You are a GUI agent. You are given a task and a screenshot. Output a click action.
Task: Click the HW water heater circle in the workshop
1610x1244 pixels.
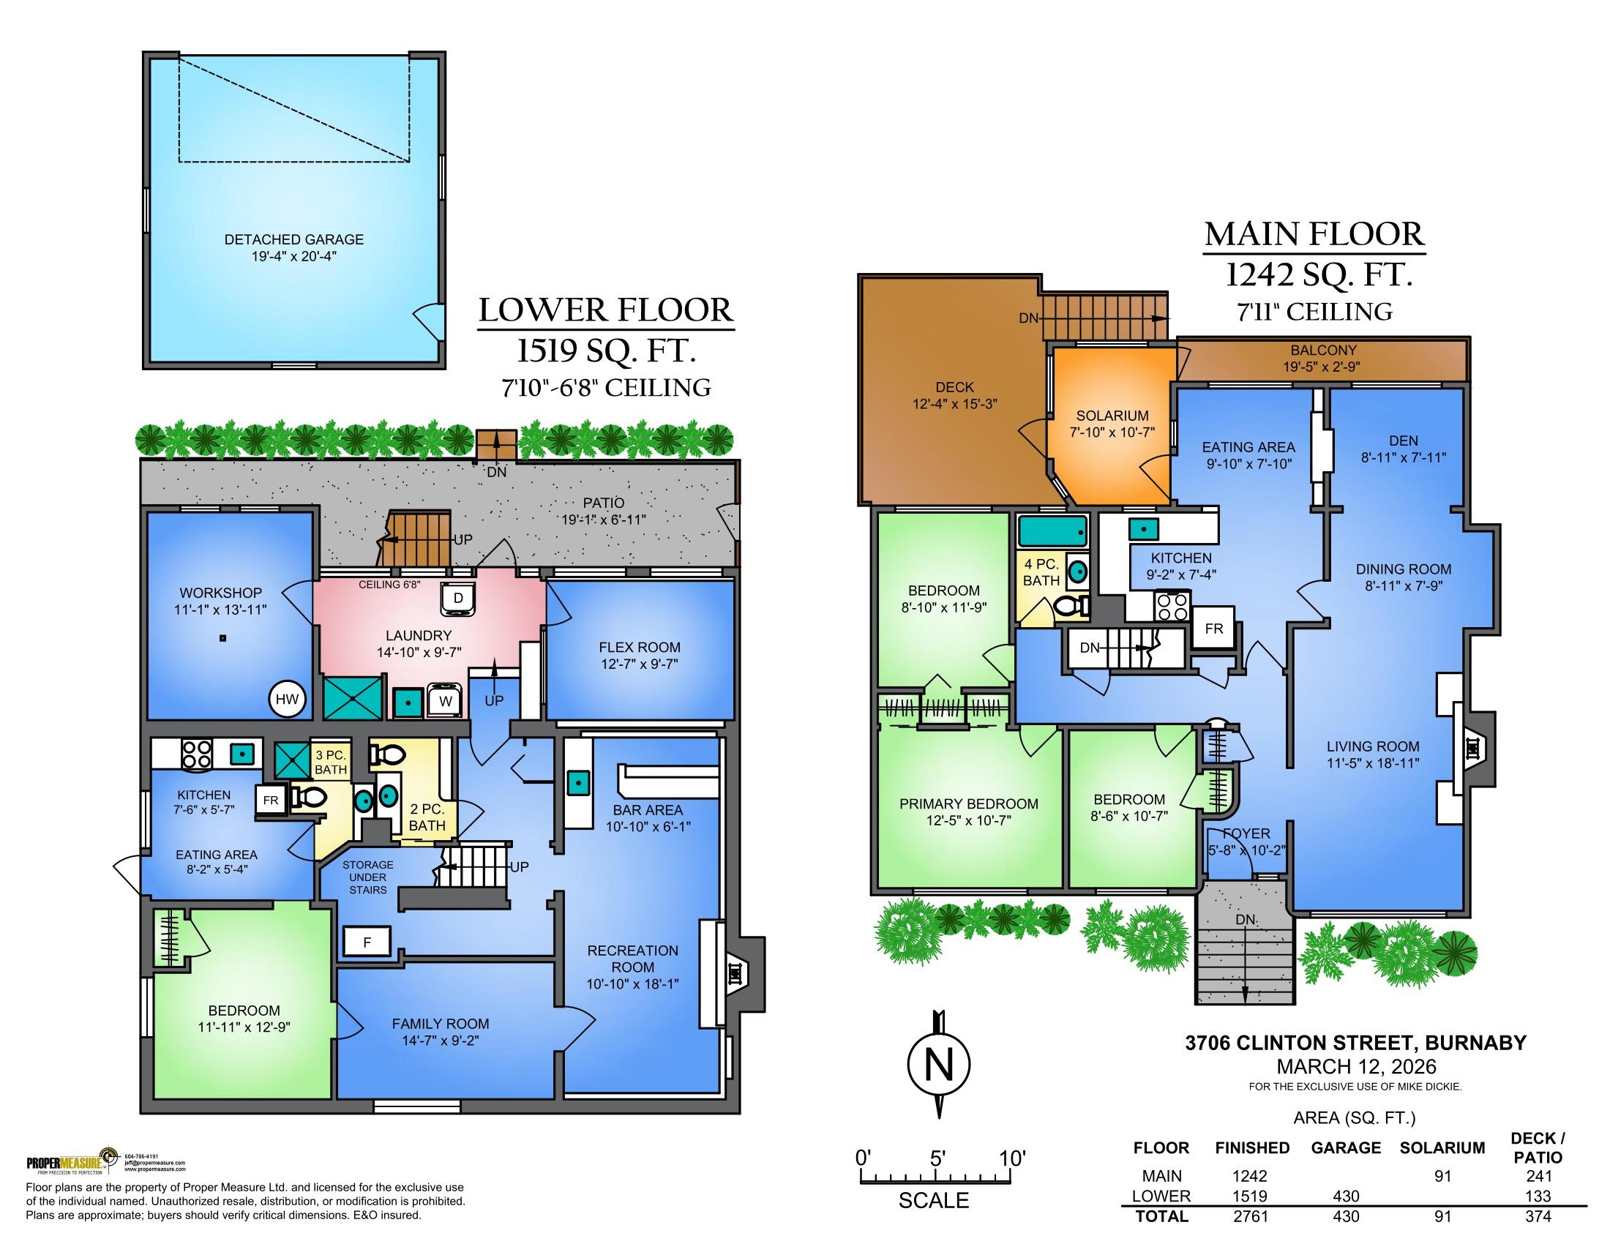pyautogui.click(x=287, y=700)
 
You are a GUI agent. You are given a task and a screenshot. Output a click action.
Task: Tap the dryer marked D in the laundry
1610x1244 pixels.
pyautogui.click(x=458, y=599)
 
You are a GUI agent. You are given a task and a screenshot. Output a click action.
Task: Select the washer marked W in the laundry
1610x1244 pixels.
pyautogui.click(x=445, y=702)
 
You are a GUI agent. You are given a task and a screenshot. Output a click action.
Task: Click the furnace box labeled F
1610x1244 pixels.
pyautogui.click(x=367, y=943)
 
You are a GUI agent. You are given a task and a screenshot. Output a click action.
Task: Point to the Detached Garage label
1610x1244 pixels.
pyautogui.click(x=294, y=239)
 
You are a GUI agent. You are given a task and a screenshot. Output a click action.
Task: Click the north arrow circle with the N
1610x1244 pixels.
pyautogui.click(x=937, y=1065)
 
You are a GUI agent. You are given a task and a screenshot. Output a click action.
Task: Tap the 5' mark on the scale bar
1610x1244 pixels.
pyautogui.click(x=937, y=1158)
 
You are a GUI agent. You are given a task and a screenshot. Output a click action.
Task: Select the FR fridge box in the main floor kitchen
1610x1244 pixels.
pyautogui.click(x=1213, y=629)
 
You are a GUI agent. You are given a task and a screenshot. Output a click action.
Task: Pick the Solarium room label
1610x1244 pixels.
pyautogui.click(x=1112, y=416)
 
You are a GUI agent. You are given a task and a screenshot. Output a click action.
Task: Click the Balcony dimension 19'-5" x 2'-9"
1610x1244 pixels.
pyautogui.click(x=1322, y=367)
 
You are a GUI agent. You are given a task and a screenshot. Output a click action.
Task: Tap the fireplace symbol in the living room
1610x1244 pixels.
pyautogui.click(x=1473, y=749)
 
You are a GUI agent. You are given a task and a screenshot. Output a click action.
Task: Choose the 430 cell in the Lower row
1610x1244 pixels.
pyautogui.click(x=1345, y=1196)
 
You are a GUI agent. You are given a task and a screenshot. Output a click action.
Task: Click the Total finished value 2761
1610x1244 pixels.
pyautogui.click(x=1251, y=1217)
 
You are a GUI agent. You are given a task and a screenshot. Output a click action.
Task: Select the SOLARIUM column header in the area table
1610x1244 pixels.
pyautogui.click(x=1441, y=1148)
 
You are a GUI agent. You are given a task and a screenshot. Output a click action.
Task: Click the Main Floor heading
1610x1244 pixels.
pyautogui.click(x=1314, y=235)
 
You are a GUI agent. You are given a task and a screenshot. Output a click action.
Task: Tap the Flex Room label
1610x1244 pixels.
pyautogui.click(x=639, y=648)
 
